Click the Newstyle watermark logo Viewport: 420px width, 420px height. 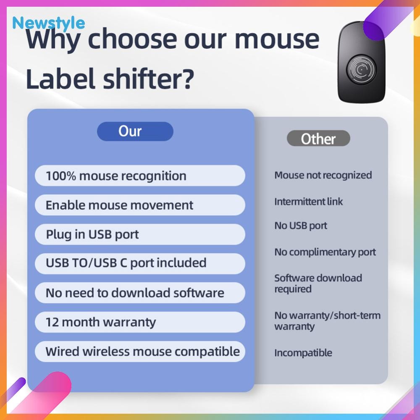click(x=48, y=23)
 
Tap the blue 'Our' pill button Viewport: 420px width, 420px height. click(x=135, y=131)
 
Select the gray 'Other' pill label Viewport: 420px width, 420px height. click(x=318, y=139)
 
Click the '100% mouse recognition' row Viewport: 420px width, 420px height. click(x=140, y=176)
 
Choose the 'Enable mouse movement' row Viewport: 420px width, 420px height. click(x=140, y=205)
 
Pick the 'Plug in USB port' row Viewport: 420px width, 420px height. click(x=140, y=234)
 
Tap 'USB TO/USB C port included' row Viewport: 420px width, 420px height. click(x=140, y=263)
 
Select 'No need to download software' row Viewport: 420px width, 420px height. click(x=140, y=292)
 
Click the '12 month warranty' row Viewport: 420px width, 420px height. click(x=140, y=322)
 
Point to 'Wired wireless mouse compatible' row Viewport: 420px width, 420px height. click(x=140, y=352)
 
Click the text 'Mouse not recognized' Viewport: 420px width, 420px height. click(x=323, y=175)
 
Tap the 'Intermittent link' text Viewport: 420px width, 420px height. click(x=309, y=202)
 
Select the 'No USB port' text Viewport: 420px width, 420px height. click(x=301, y=226)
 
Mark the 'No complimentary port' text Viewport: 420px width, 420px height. click(x=325, y=252)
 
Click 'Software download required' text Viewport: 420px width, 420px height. click(x=318, y=283)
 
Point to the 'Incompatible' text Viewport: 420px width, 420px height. click(x=303, y=353)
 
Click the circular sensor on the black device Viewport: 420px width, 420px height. click(x=361, y=70)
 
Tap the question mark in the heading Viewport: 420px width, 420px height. click(x=187, y=79)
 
